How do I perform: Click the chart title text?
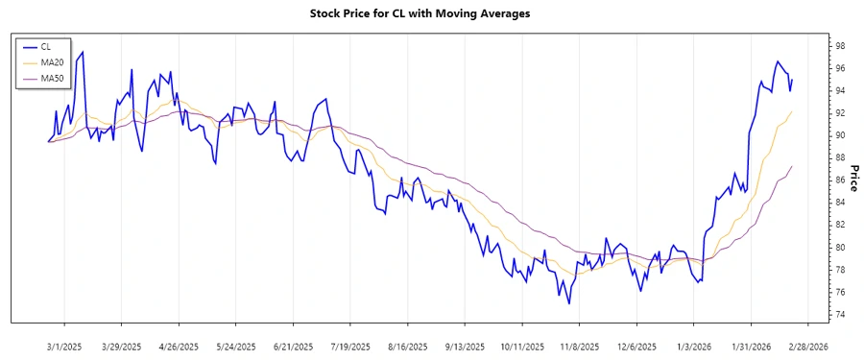(x=432, y=13)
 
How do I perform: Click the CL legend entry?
(x=46, y=46)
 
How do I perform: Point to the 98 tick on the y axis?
(x=839, y=46)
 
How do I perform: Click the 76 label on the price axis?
(x=839, y=292)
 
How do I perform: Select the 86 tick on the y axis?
(x=839, y=180)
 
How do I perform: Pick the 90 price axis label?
(x=839, y=135)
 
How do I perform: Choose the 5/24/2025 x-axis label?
(x=235, y=346)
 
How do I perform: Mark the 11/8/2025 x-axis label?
(x=580, y=346)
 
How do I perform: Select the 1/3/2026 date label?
(x=694, y=346)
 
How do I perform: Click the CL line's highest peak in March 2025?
(x=83, y=52)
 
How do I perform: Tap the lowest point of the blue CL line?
(x=569, y=304)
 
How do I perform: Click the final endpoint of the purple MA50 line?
(x=792, y=166)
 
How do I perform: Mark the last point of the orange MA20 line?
(x=792, y=111)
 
